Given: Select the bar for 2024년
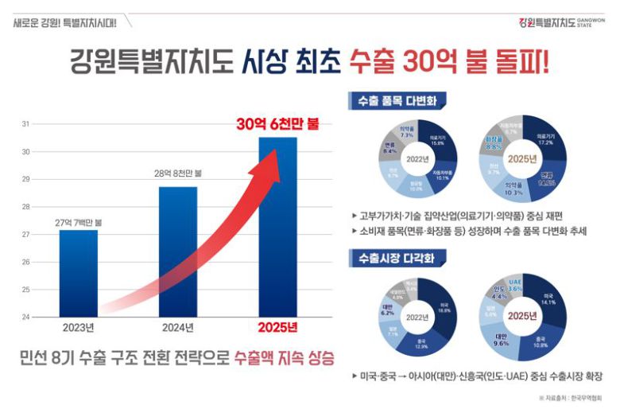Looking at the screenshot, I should tap(178, 251).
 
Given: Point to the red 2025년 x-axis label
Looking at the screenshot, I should tap(277, 327).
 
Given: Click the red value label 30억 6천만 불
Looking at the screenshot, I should tap(277, 124).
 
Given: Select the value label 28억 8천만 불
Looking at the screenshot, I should tap(178, 173).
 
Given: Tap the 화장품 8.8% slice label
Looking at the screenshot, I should tap(494, 146).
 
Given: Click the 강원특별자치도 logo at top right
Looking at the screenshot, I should tap(561, 22).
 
